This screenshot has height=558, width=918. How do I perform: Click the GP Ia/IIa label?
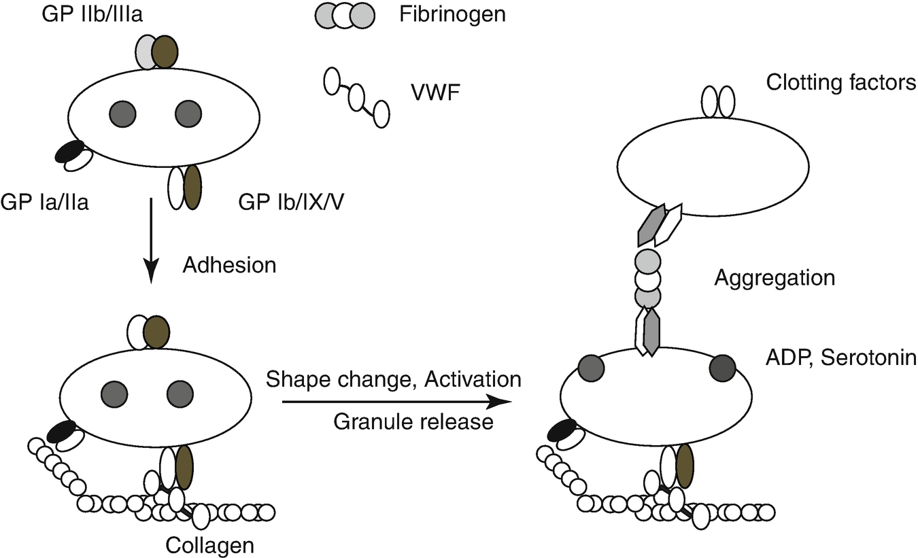click(x=45, y=202)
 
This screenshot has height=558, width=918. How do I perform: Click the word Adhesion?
click(x=230, y=264)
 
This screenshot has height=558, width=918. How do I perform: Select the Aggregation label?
click(x=774, y=278)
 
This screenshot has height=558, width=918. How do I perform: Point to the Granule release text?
click(x=413, y=422)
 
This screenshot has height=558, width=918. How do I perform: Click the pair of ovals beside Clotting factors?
click(x=718, y=101)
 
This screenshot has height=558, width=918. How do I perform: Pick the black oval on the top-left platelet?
click(x=69, y=151)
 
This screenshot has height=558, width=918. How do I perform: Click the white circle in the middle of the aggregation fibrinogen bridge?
click(x=647, y=279)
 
